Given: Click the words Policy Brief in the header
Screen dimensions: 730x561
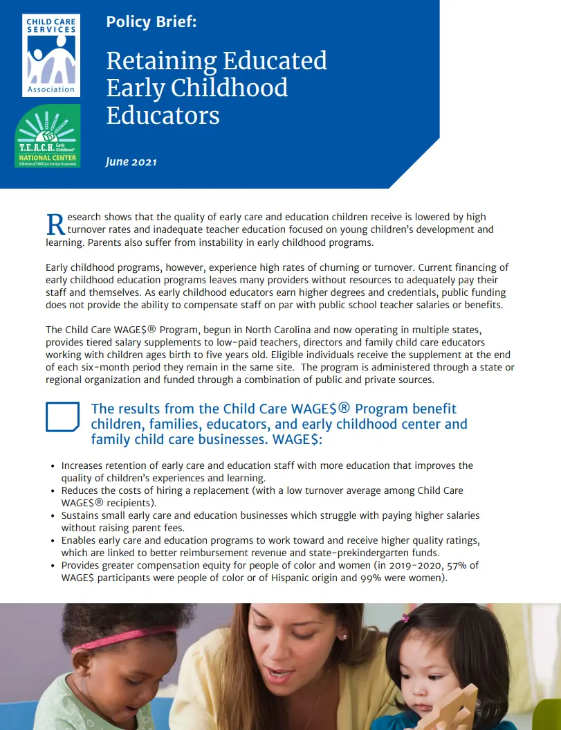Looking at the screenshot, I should pos(151,21).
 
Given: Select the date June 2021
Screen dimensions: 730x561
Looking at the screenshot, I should pos(131,162).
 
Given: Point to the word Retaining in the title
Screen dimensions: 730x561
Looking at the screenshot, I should pos(160,61).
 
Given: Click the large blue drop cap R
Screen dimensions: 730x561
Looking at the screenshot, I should pos(55,224).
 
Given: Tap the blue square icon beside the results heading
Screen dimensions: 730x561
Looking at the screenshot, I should pos(62,416).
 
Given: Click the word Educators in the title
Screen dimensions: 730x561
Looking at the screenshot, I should pos(163,114).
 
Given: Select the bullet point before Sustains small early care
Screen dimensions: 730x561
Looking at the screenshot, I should pos(53,516).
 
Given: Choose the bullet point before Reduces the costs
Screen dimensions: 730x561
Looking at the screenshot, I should pos(53,491).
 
